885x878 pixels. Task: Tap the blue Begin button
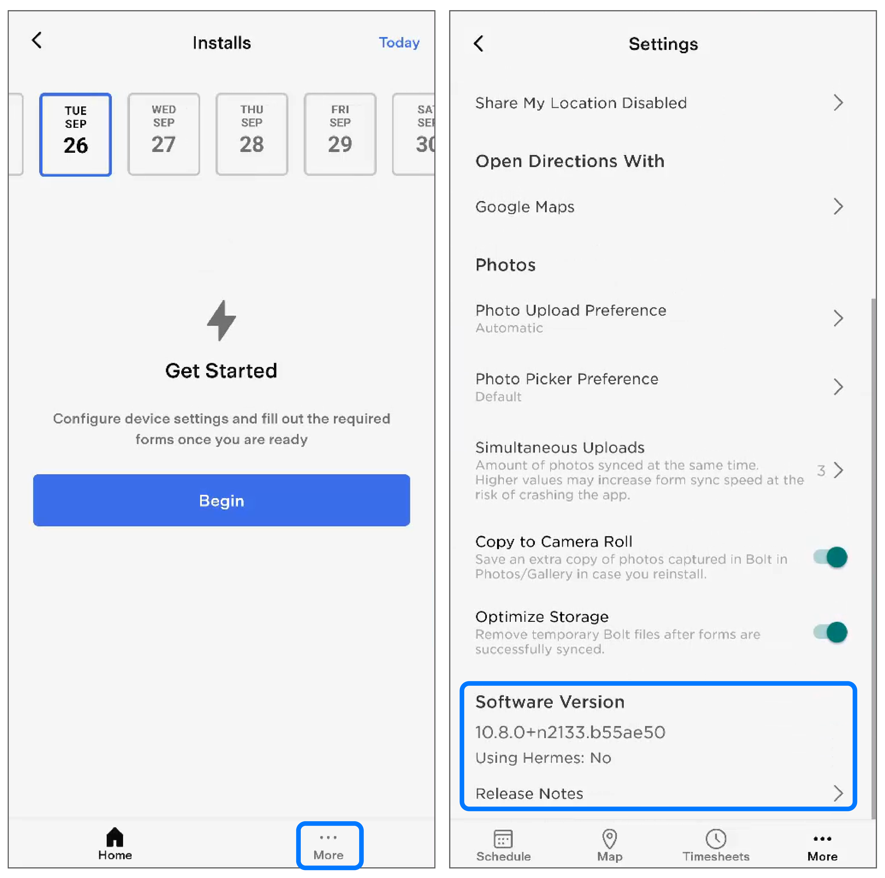pyautogui.click(x=221, y=500)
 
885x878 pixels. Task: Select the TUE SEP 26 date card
pyautogui.click(x=76, y=134)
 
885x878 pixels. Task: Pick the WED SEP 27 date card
pyautogui.click(x=163, y=134)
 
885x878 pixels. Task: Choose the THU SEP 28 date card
pyautogui.click(x=251, y=134)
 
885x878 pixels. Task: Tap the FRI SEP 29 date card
pyautogui.click(x=340, y=134)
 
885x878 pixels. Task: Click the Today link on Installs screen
pyautogui.click(x=399, y=43)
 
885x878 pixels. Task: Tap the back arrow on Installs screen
pyautogui.click(x=37, y=40)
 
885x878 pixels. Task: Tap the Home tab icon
pyautogui.click(x=115, y=837)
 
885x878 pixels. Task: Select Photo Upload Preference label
pyautogui.click(x=571, y=310)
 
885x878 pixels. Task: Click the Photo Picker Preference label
pyautogui.click(x=567, y=379)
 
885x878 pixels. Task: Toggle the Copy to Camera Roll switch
pyautogui.click(x=830, y=557)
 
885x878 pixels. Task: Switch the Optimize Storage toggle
pyautogui.click(x=830, y=633)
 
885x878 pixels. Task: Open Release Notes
pyautogui.click(x=529, y=793)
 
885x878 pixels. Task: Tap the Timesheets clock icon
pyautogui.click(x=716, y=839)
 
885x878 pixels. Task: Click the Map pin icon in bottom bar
pyautogui.click(x=609, y=839)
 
